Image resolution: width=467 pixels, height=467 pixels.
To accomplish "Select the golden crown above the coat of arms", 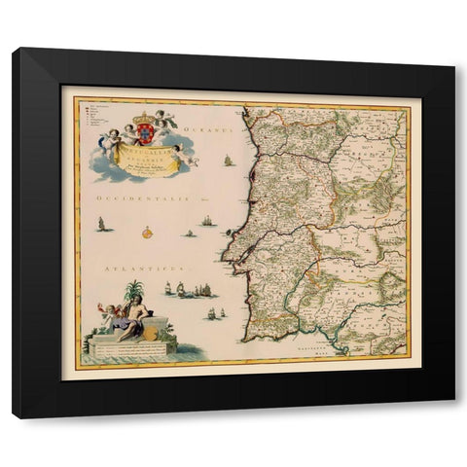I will click(144, 115).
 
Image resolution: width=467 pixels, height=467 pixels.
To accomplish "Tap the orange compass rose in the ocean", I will click(146, 232).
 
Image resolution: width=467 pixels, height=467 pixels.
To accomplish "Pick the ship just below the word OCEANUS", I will click(229, 160).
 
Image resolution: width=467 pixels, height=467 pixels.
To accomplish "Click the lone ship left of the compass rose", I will click(101, 226).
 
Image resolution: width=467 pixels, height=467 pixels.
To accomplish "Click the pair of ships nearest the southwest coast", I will click(215, 313).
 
